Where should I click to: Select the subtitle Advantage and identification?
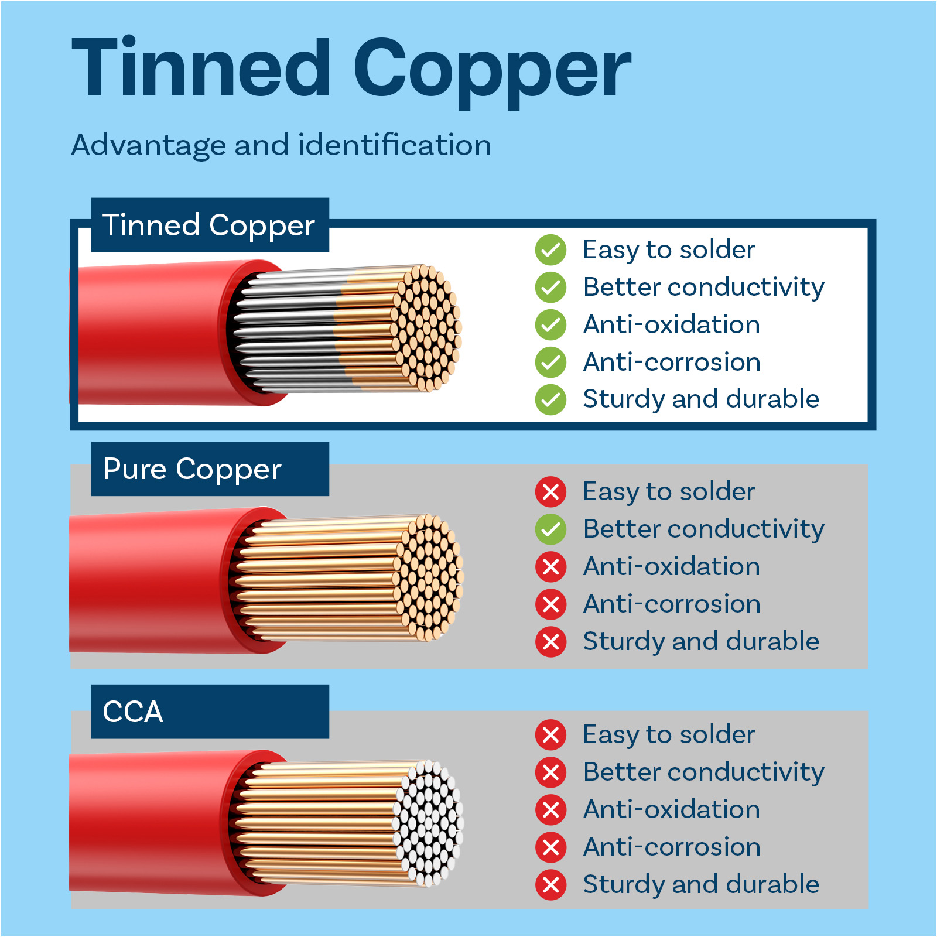pyautogui.click(x=281, y=145)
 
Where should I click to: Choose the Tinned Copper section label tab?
pyautogui.click(x=210, y=225)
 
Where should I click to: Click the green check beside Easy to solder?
pyautogui.click(x=550, y=250)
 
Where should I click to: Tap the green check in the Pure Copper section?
pyautogui.click(x=550, y=529)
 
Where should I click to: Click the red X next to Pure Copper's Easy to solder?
pyautogui.click(x=550, y=492)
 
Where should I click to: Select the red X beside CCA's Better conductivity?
pyautogui.click(x=550, y=772)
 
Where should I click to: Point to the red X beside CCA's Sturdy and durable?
pyautogui.click(x=550, y=885)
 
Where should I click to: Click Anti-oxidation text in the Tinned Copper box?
pyautogui.click(x=672, y=324)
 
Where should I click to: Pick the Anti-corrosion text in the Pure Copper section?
pyautogui.click(x=672, y=604)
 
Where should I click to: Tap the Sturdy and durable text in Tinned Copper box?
pyautogui.click(x=701, y=399)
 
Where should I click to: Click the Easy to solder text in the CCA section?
pyautogui.click(x=669, y=735)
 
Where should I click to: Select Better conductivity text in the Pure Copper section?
pyautogui.click(x=704, y=529)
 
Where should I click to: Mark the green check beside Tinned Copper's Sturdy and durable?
pyautogui.click(x=550, y=400)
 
